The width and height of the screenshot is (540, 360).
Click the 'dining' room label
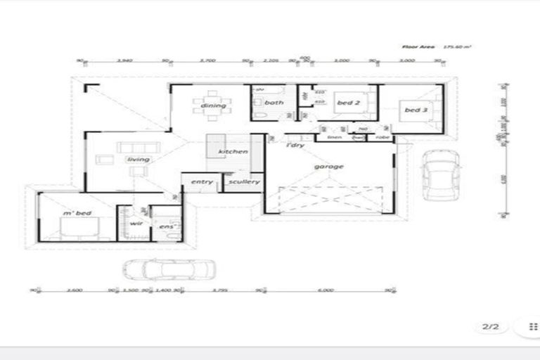[x=213, y=106]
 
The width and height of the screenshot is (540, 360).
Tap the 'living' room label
[x=138, y=160]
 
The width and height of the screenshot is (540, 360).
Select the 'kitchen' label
[x=233, y=152]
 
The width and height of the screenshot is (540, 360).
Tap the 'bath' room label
[x=274, y=103]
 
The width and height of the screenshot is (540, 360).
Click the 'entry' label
[x=202, y=182]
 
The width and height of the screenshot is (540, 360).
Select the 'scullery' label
[x=244, y=182]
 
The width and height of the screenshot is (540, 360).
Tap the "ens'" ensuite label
[x=167, y=226]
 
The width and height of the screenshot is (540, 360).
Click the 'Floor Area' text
[x=415, y=46]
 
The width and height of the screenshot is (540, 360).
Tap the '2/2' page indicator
[x=490, y=327]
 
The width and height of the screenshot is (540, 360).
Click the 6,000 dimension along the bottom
[x=325, y=290]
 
